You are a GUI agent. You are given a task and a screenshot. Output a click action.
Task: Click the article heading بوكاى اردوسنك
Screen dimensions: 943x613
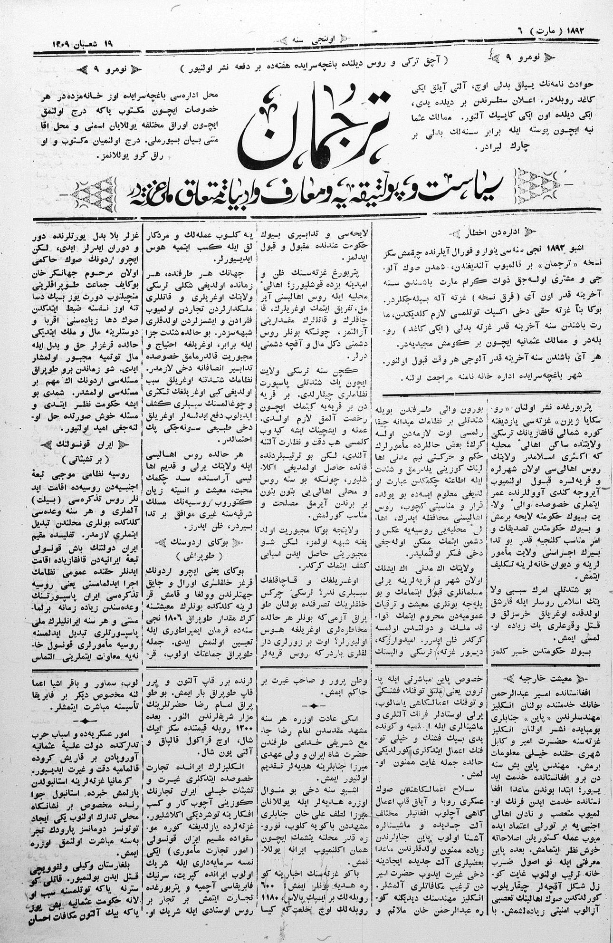tap(200, 542)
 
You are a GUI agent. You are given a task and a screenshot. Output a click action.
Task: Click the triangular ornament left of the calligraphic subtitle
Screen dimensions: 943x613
tap(95, 192)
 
